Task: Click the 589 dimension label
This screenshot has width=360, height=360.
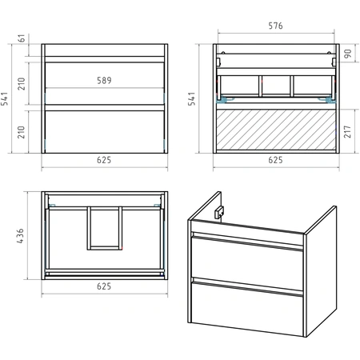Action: [104, 80]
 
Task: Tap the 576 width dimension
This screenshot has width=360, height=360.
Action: [275, 26]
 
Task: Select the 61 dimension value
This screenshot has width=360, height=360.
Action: [22, 38]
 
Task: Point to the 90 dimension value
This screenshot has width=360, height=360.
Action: [348, 54]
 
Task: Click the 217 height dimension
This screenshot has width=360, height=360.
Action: [347, 132]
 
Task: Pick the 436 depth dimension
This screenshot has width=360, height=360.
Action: [20, 236]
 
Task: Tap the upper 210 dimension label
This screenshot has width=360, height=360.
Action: [22, 83]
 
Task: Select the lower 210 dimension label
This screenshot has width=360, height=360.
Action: [22, 132]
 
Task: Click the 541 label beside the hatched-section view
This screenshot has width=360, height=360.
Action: [192, 99]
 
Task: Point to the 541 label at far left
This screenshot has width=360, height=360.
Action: [5, 99]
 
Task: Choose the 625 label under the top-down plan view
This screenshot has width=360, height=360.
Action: [104, 286]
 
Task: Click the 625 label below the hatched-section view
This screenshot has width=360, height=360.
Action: [275, 160]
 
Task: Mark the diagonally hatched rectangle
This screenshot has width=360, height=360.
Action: [276, 130]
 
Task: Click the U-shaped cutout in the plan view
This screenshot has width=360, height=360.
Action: [105, 248]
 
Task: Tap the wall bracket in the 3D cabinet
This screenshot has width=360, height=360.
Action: [219, 212]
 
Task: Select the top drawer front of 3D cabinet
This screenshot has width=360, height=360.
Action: [247, 262]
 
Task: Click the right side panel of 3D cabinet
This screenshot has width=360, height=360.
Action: [321, 270]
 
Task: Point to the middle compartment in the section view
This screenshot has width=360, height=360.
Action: [276, 86]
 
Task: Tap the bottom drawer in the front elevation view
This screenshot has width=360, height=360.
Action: [105, 132]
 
